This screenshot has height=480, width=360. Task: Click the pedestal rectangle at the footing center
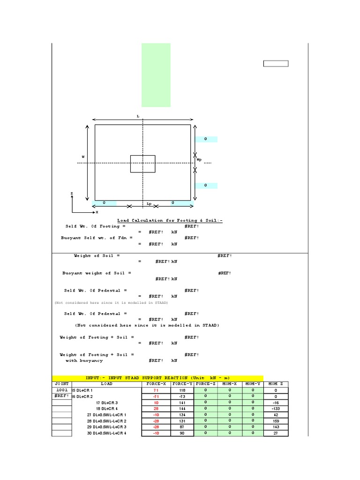click(142, 164)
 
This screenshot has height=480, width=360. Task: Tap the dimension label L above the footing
click(138, 115)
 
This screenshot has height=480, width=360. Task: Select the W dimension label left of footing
click(83, 157)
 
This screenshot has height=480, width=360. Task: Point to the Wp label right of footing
click(199, 159)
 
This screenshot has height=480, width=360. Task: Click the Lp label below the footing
click(149, 204)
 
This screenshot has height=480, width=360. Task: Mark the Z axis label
click(72, 193)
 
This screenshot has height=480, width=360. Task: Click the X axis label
click(97, 212)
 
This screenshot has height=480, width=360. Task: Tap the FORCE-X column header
click(156, 383)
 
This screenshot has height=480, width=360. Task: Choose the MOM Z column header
click(276, 383)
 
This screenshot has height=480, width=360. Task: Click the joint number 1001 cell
click(62, 390)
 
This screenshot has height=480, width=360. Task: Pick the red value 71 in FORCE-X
click(156, 390)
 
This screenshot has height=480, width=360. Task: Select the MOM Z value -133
click(276, 408)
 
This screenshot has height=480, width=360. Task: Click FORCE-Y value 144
click(181, 408)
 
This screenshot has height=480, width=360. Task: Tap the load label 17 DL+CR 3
click(107, 402)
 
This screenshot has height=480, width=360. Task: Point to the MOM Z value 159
click(276, 421)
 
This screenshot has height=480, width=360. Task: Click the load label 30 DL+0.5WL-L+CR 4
click(107, 433)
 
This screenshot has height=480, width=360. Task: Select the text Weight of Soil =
click(97, 255)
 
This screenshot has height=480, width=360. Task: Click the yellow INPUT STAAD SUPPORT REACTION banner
click(157, 378)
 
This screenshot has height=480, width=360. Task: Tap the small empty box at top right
click(276, 64)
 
